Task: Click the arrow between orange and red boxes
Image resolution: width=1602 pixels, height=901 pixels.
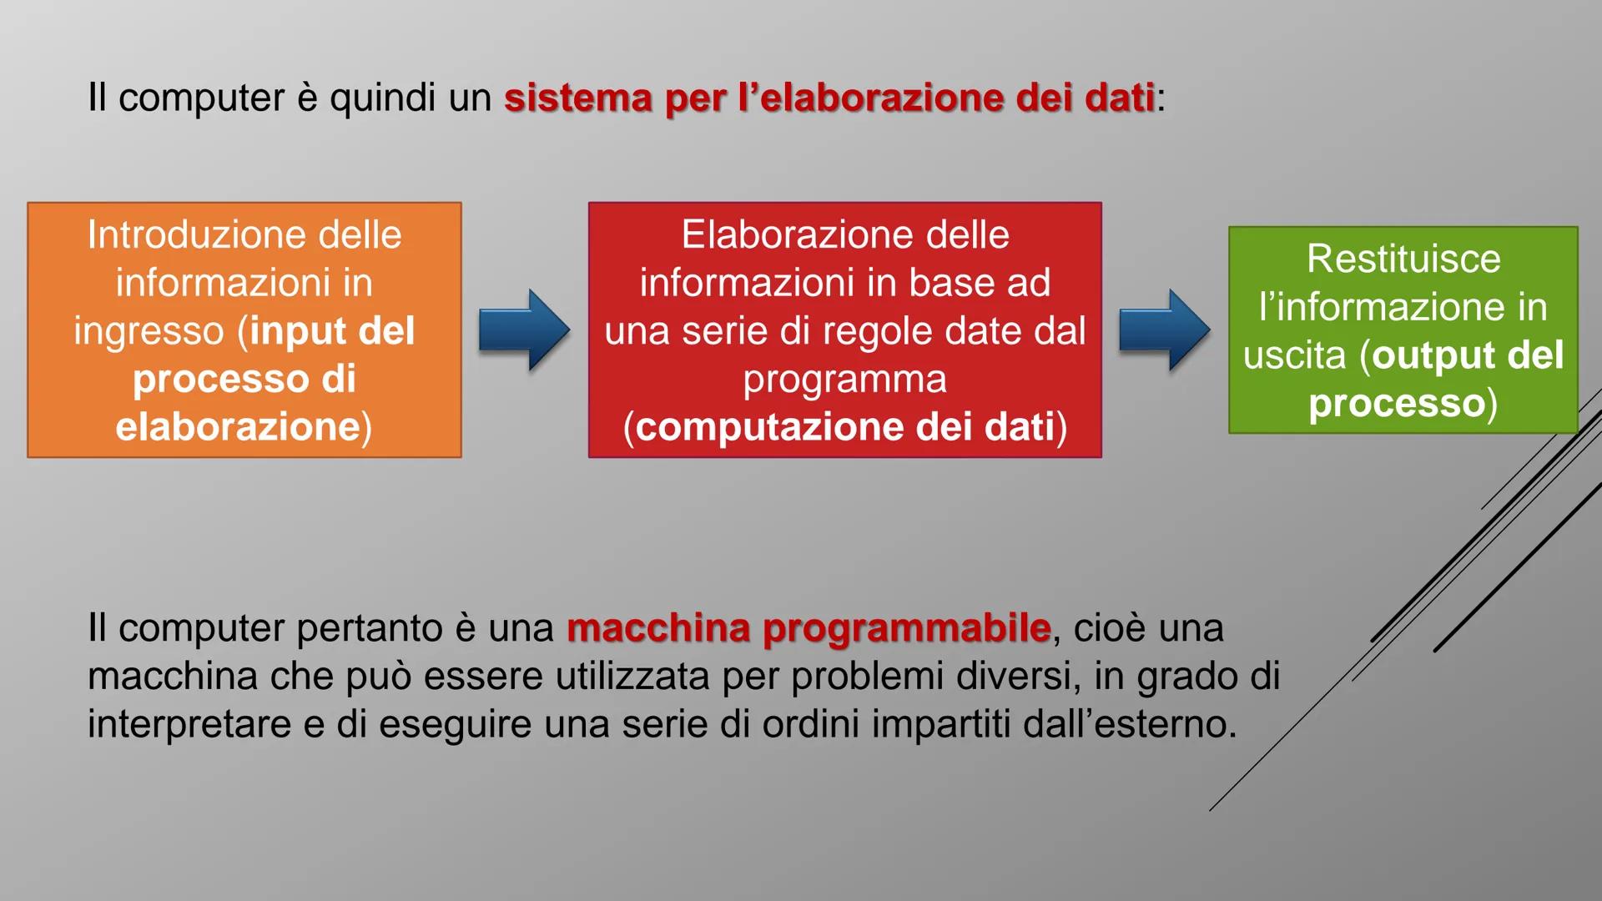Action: (524, 330)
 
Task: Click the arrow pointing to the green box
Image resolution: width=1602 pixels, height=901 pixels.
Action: (1164, 330)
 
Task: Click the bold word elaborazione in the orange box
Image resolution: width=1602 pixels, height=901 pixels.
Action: (238, 426)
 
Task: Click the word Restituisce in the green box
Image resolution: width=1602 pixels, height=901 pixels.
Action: (1403, 259)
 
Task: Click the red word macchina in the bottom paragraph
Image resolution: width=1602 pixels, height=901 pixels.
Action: (658, 628)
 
